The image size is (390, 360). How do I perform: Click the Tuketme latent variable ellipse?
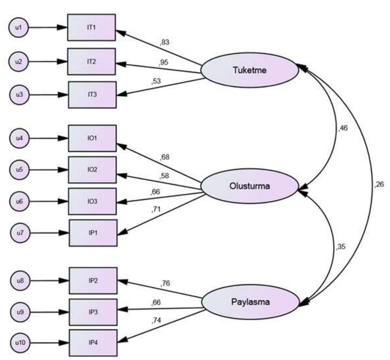pos(249,69)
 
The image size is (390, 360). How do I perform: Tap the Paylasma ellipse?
pos(250,302)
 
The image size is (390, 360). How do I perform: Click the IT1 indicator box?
pos(91,27)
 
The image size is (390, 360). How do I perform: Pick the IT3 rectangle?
pos(92,95)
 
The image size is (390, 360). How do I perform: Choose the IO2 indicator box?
pos(92,170)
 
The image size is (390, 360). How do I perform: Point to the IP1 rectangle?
pos(93,233)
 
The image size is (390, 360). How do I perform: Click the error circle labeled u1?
pos(18,27)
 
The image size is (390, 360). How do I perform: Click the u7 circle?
pos(20,233)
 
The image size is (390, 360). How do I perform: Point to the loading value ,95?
pos(164,62)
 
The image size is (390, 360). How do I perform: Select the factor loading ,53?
pos(156,82)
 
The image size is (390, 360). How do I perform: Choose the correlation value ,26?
pos(379,185)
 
